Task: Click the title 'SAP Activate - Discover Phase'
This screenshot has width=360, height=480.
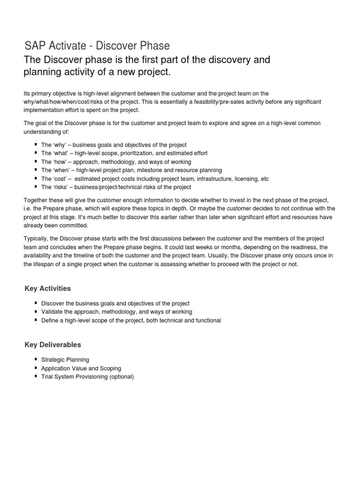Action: pyautogui.click(x=97, y=46)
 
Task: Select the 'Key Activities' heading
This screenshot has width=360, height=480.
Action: pyautogui.click(x=48, y=288)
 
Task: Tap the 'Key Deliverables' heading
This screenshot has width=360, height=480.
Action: pyautogui.click(x=52, y=345)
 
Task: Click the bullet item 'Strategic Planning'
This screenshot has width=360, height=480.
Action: pyautogui.click(x=65, y=360)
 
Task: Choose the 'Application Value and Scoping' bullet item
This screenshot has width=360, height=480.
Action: pyautogui.click(x=81, y=368)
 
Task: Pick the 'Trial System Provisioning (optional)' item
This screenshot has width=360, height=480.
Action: pyautogui.click(x=88, y=377)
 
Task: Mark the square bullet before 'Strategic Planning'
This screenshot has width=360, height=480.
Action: pyautogui.click(x=36, y=360)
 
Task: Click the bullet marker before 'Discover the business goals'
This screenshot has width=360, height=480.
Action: pyautogui.click(x=36, y=303)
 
